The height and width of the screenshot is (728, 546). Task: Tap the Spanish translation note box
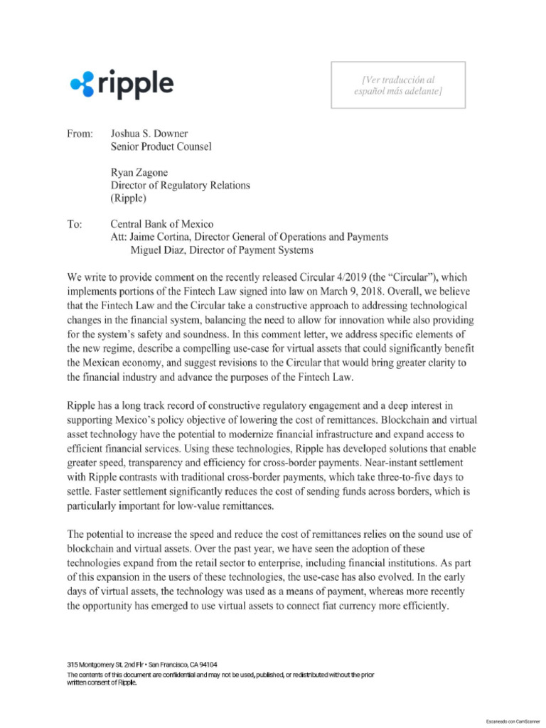(398, 85)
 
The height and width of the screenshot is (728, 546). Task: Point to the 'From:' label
(80, 134)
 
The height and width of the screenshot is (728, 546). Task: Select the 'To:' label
(75, 224)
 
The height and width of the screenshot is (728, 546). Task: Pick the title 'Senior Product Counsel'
(161, 146)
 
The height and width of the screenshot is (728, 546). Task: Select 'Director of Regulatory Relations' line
(180, 186)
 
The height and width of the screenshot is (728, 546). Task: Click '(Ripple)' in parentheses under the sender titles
(129, 198)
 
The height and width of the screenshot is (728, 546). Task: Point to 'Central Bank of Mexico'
(161, 224)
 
